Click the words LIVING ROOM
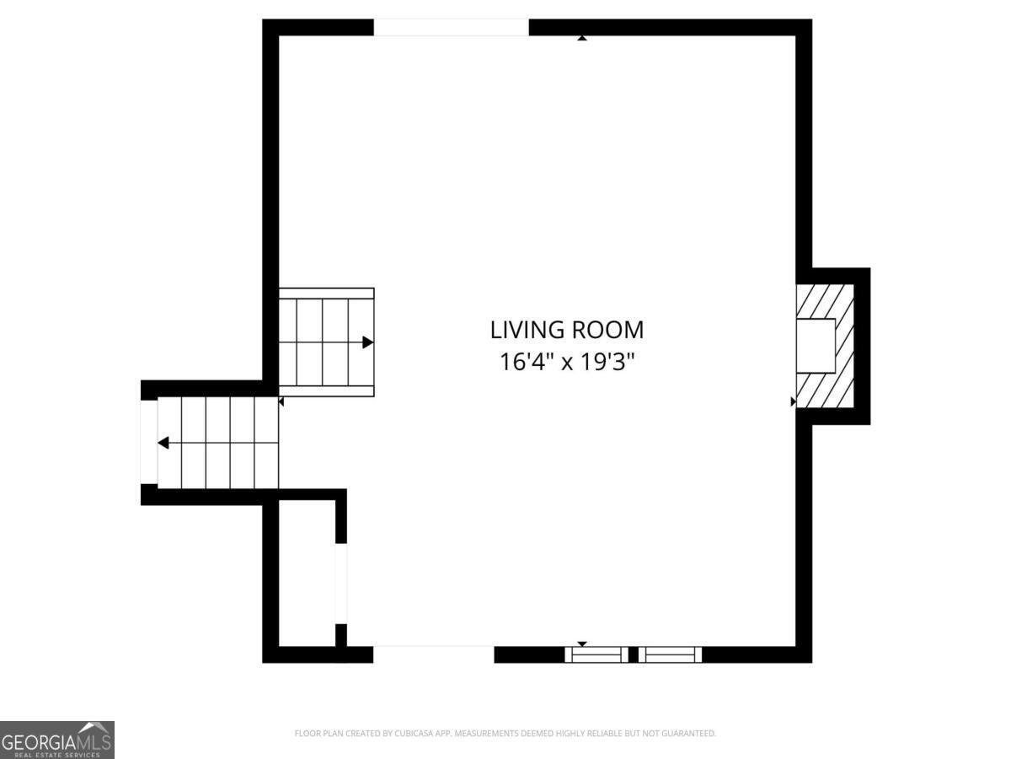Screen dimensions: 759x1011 tap(567, 329)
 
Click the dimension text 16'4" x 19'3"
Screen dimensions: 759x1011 tap(567, 362)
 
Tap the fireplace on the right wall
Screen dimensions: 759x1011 tap(826, 346)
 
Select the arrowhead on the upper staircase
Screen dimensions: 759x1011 tap(368, 342)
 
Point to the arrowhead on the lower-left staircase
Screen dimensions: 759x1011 tap(163, 443)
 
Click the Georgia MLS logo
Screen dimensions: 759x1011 tap(56, 740)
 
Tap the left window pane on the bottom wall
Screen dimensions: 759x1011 tap(596, 654)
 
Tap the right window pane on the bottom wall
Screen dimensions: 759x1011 tap(670, 654)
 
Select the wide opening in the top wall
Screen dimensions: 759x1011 tap(451, 28)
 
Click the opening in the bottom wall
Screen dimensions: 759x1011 tap(433, 654)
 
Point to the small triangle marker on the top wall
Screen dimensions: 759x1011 tap(581, 38)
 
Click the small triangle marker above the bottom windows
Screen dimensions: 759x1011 tap(581, 643)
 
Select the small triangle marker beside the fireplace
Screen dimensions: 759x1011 tap(793, 401)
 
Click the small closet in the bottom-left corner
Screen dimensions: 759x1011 tap(308, 573)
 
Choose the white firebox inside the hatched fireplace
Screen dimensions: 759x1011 tap(816, 346)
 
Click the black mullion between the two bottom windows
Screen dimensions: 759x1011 tap(634, 654)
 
